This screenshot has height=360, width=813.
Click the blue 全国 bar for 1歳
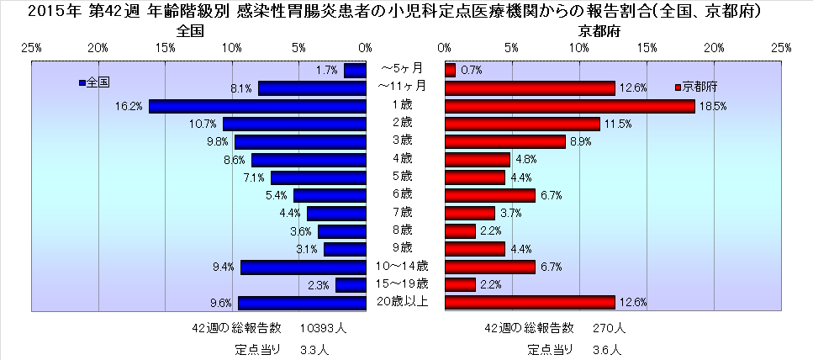tap(257, 106)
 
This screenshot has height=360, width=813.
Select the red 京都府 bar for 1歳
tap(570, 106)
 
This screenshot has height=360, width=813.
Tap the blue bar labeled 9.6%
tap(302, 303)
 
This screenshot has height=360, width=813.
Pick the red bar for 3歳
tap(504, 141)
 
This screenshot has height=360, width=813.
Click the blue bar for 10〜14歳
tap(304, 267)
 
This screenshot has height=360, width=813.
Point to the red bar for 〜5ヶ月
tap(450, 70)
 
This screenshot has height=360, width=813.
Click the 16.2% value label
tap(130, 107)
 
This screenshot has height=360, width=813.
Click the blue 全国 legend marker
tap(81, 82)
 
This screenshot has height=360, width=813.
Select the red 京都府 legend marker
tap(678, 87)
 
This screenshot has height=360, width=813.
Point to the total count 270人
tap(610, 327)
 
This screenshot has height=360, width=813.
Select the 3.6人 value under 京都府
tap(611, 347)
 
